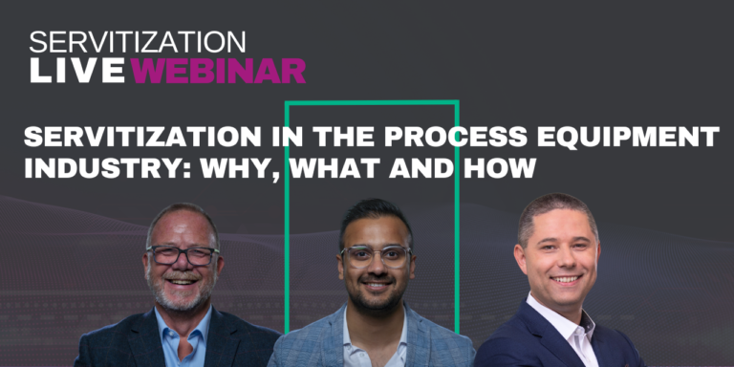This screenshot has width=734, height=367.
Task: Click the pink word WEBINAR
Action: pos(219,70)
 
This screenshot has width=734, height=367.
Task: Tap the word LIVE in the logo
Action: pos(78,70)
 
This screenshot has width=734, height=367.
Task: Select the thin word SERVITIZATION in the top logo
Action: pos(138,42)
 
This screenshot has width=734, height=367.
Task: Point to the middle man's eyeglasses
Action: pos(375,254)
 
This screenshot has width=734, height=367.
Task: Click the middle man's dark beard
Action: pos(376,298)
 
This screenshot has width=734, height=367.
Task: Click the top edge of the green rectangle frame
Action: pos(372,101)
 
